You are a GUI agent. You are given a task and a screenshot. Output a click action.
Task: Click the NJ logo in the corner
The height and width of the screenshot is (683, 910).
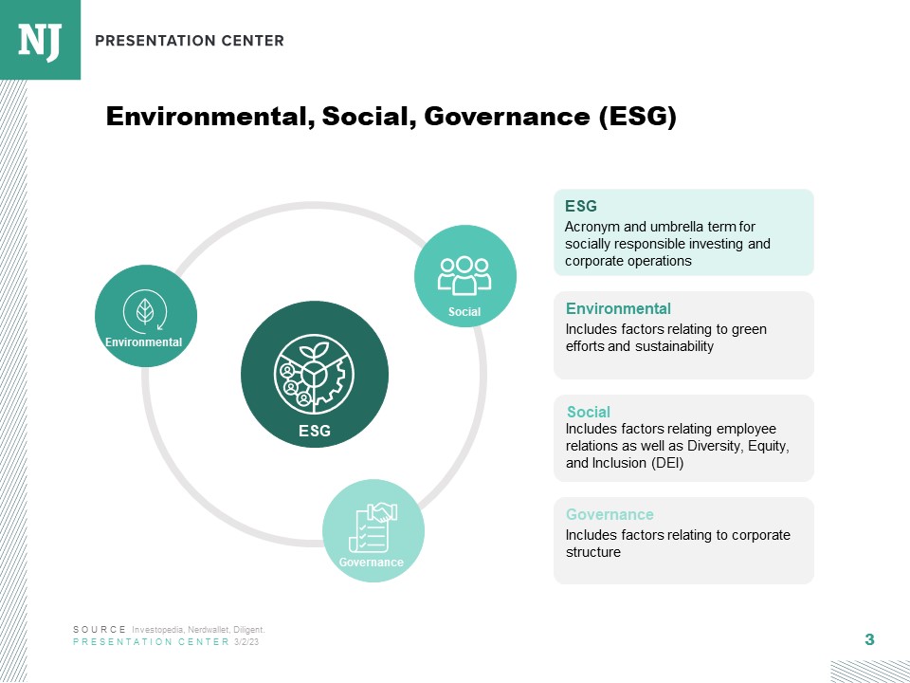[x=40, y=40]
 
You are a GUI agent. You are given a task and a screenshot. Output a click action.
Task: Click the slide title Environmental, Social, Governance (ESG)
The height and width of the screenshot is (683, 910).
[x=391, y=117]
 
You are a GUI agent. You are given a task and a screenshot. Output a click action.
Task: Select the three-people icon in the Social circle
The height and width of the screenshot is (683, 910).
[x=464, y=274]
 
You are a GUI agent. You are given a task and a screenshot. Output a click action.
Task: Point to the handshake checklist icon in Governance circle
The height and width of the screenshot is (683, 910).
[x=374, y=527]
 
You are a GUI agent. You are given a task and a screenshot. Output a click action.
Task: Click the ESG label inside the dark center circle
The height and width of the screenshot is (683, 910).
[x=315, y=431]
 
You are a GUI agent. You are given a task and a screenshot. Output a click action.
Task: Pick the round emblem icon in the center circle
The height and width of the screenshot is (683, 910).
[x=314, y=373]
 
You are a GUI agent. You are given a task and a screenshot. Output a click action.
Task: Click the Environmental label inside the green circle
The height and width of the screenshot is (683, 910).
[x=144, y=341]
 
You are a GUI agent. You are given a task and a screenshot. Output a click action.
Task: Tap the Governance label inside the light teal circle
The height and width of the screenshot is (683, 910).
[x=372, y=563]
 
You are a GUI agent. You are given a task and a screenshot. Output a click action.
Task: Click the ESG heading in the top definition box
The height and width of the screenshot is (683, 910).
[x=581, y=206]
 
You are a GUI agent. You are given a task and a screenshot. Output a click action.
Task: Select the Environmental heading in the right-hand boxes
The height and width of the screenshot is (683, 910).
[x=618, y=308]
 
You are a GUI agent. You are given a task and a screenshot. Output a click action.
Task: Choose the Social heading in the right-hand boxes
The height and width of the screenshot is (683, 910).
[x=589, y=412]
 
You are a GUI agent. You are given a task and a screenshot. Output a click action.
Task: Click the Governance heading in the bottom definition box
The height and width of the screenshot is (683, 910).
[x=610, y=514]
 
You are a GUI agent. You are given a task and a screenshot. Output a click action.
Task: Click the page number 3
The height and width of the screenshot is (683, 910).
[x=869, y=640]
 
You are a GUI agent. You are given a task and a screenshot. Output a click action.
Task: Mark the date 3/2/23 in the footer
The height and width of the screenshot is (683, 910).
[x=246, y=642]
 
